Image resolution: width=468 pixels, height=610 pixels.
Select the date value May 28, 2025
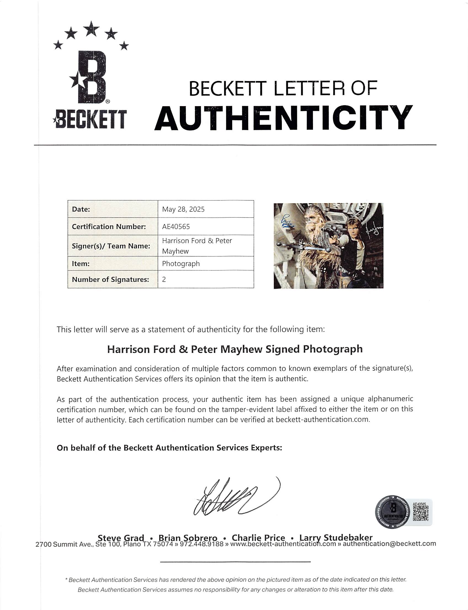pos(183,209)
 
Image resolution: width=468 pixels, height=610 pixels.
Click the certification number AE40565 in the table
pos(176,227)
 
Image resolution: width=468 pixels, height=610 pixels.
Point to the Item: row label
pos(81,264)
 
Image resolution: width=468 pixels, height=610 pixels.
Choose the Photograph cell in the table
pos(181,264)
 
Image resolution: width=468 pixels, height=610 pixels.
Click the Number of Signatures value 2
pos(164,280)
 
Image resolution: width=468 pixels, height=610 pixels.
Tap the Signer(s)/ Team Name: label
pos(111,246)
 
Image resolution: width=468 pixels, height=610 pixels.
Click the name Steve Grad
pos(121,538)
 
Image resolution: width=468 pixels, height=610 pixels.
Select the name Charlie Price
pos(258,538)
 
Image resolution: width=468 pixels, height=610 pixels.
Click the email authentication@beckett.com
pos(389,544)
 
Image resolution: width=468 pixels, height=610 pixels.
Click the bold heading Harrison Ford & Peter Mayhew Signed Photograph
pos(235,349)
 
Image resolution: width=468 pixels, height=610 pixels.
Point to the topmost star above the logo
pos(91,28)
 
